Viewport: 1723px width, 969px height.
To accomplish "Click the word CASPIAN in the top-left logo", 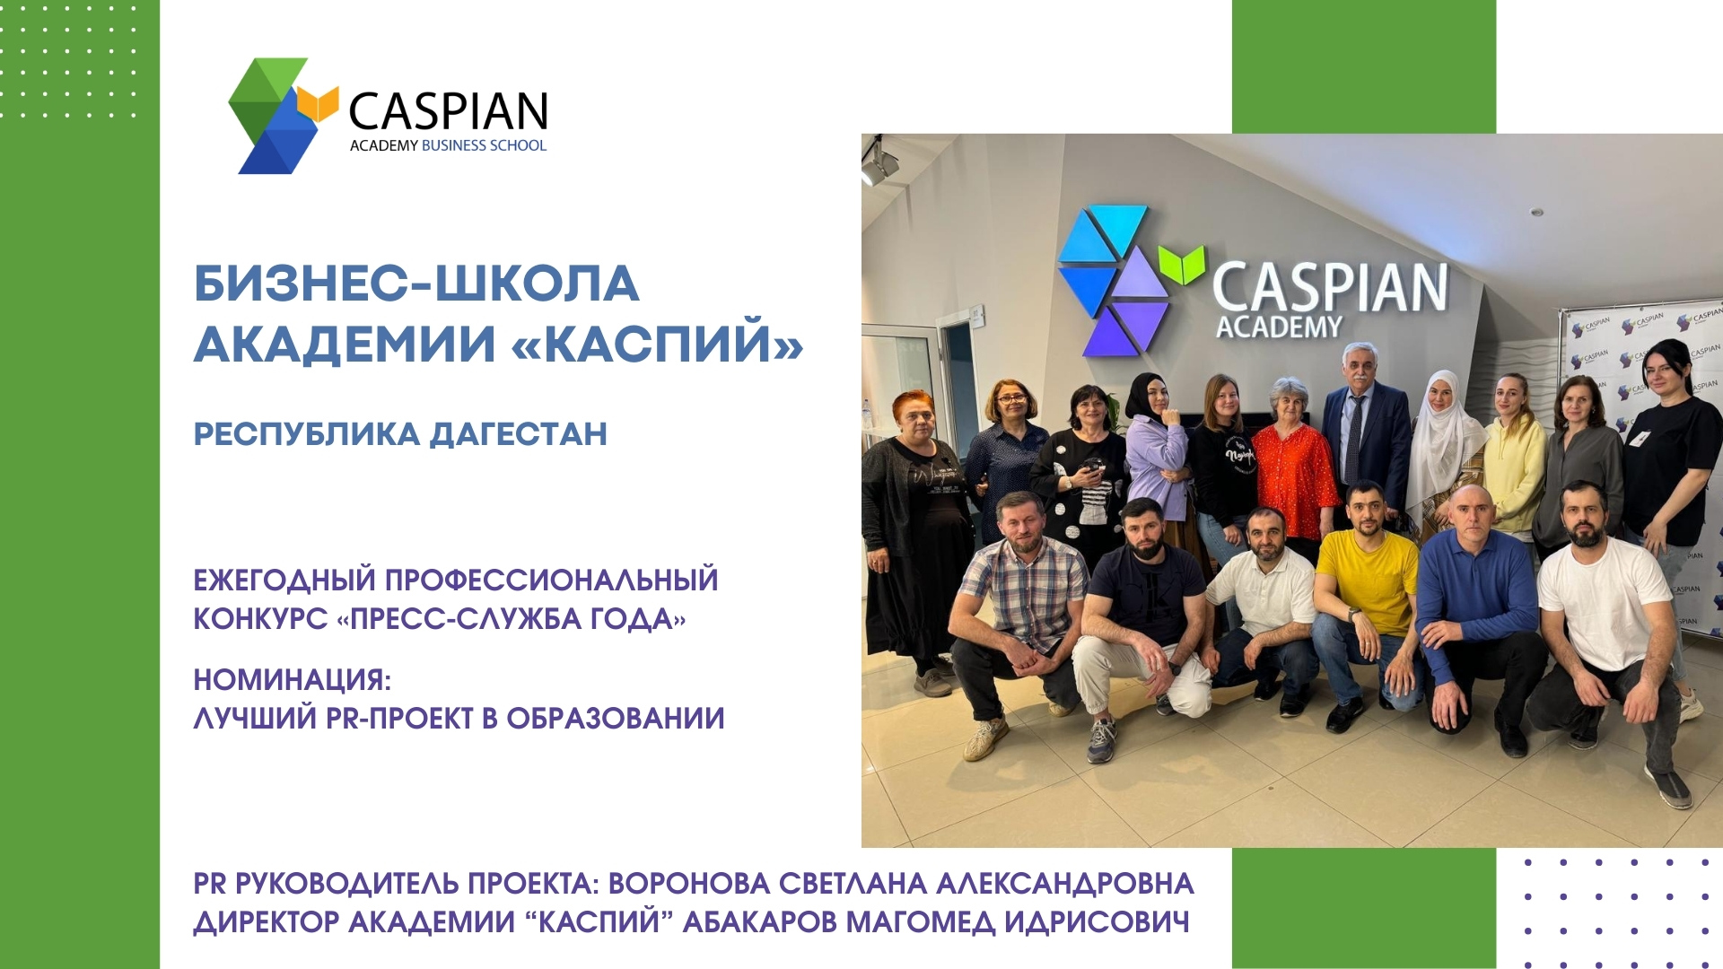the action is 448,111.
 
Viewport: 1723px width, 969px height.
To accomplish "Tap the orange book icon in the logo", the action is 318,104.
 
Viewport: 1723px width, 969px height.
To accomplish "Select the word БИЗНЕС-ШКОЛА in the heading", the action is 416,284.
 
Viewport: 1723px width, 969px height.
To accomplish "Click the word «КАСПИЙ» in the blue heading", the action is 657,344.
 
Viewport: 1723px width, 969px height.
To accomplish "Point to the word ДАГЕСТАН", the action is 519,434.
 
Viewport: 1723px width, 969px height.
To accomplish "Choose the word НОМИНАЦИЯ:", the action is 293,680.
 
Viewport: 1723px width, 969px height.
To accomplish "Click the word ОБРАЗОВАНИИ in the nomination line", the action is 616,719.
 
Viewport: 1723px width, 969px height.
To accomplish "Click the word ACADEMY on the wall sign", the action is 1279,327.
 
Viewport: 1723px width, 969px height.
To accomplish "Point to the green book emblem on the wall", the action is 1181,264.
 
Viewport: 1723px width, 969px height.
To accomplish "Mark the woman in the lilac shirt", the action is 1159,458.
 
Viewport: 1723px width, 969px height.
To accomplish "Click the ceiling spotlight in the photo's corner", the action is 879,164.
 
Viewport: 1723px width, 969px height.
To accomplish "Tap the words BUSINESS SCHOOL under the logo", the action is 484,145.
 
